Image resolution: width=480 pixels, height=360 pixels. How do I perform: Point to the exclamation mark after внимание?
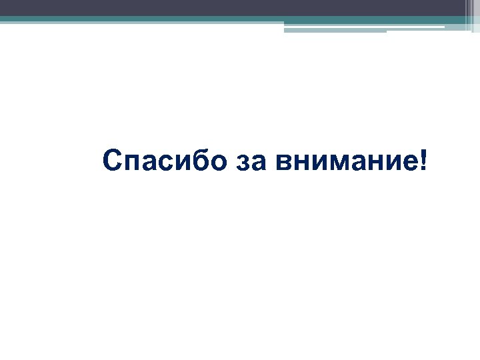coord(425,160)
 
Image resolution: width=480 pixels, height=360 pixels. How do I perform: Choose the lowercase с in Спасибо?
coord(167,163)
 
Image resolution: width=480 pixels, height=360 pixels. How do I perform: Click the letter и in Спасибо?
coord(182,163)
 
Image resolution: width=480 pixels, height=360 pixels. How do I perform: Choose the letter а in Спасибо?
coord(150,163)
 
